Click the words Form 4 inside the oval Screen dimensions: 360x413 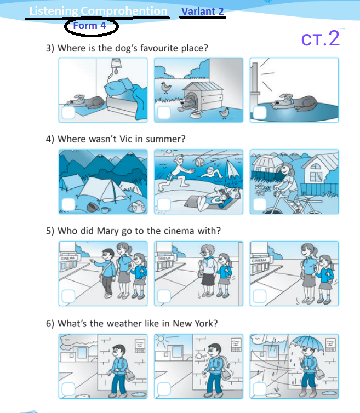[90, 26]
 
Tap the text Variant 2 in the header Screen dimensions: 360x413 [202, 12]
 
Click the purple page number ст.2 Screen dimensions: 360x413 [320, 38]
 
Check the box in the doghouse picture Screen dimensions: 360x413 [164, 112]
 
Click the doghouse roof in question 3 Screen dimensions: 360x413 [203, 86]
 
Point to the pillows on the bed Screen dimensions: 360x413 [118, 87]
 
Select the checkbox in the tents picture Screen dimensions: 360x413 [68, 204]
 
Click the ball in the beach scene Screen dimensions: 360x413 [199, 162]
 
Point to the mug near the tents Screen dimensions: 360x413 [106, 210]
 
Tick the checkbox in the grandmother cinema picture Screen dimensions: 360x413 [164, 296]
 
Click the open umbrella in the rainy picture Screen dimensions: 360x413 [307, 343]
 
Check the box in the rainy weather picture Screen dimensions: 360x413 [260, 389]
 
